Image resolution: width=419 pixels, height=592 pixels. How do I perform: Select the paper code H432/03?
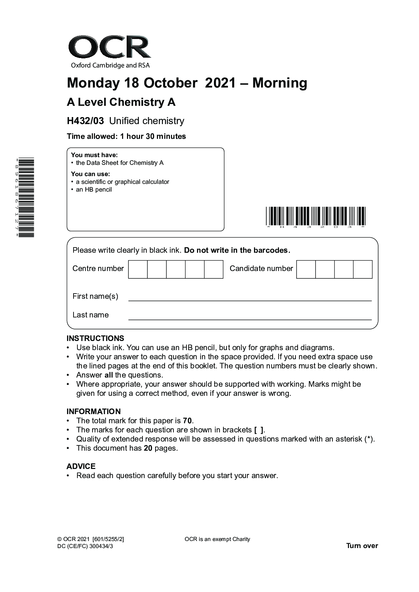(x=85, y=121)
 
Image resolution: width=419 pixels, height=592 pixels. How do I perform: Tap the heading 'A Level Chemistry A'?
(x=121, y=102)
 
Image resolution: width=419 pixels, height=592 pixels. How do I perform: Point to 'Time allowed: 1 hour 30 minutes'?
(x=126, y=136)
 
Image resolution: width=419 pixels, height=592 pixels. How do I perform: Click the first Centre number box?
(x=138, y=269)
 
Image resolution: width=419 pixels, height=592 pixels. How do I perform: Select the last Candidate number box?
(x=363, y=269)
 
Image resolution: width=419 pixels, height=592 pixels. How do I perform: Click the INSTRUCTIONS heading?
(x=95, y=339)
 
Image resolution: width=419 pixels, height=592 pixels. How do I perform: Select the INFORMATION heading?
(x=94, y=412)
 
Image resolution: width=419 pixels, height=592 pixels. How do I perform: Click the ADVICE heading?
(x=81, y=466)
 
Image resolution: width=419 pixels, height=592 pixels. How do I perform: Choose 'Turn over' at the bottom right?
(x=362, y=546)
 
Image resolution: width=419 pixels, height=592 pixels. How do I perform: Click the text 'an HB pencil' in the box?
(x=94, y=190)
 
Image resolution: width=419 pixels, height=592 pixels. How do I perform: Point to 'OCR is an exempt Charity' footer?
(x=217, y=539)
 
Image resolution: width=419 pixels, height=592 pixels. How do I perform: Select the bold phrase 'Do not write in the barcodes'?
(x=237, y=250)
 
